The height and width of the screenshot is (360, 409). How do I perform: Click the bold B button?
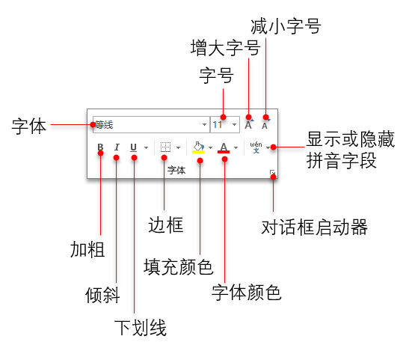[x=100, y=147]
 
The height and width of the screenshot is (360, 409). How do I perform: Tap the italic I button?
[x=117, y=147]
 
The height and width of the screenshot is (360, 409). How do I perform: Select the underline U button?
[x=134, y=147]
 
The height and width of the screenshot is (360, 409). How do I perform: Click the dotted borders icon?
[x=165, y=147]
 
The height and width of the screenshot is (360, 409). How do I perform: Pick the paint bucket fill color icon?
[x=198, y=147]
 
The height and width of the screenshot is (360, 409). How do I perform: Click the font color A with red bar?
[x=224, y=147]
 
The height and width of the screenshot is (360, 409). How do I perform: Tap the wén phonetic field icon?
[x=256, y=147]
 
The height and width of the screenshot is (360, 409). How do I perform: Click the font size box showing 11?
[x=225, y=124]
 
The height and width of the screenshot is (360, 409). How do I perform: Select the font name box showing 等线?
[x=151, y=124]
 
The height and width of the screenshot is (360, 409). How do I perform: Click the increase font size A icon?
[x=249, y=124]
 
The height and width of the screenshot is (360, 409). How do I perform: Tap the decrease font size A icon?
[x=265, y=124]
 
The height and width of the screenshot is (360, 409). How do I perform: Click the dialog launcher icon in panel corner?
[x=272, y=173]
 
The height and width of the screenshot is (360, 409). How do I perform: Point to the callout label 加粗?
[x=87, y=250]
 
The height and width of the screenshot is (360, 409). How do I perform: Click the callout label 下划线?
[x=141, y=328]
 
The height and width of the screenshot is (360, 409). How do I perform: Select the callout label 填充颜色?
[x=179, y=266]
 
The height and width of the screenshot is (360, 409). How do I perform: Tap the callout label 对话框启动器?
[x=315, y=228]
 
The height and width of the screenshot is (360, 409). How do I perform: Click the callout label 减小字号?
[x=286, y=26]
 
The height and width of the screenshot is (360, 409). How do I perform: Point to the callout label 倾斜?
[x=102, y=295]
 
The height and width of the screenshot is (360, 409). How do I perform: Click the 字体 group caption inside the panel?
[x=176, y=170]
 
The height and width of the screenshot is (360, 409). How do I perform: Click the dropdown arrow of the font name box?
[x=205, y=124]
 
